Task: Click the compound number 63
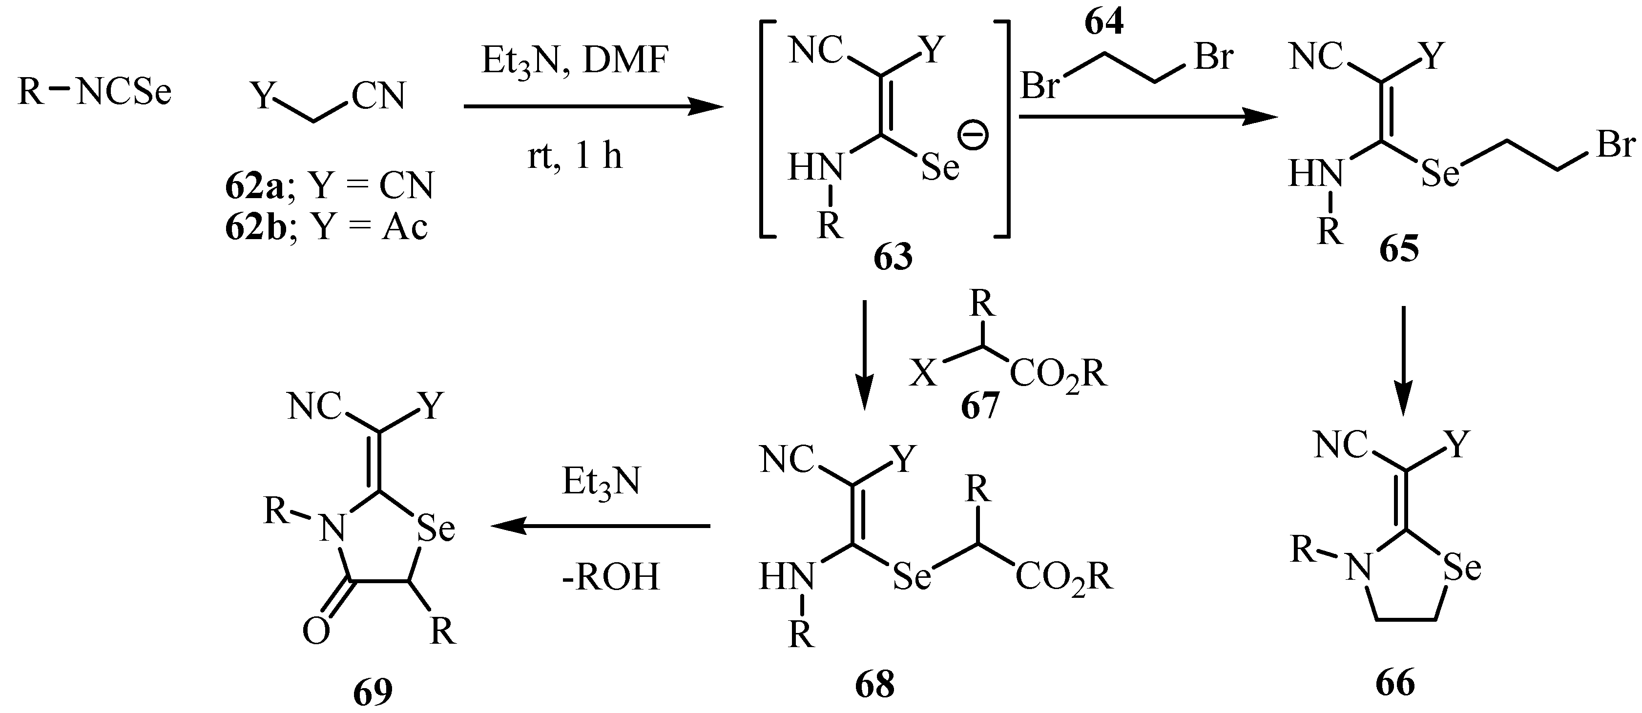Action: click(893, 257)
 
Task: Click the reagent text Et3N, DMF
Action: click(575, 62)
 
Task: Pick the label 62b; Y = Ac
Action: click(326, 227)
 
